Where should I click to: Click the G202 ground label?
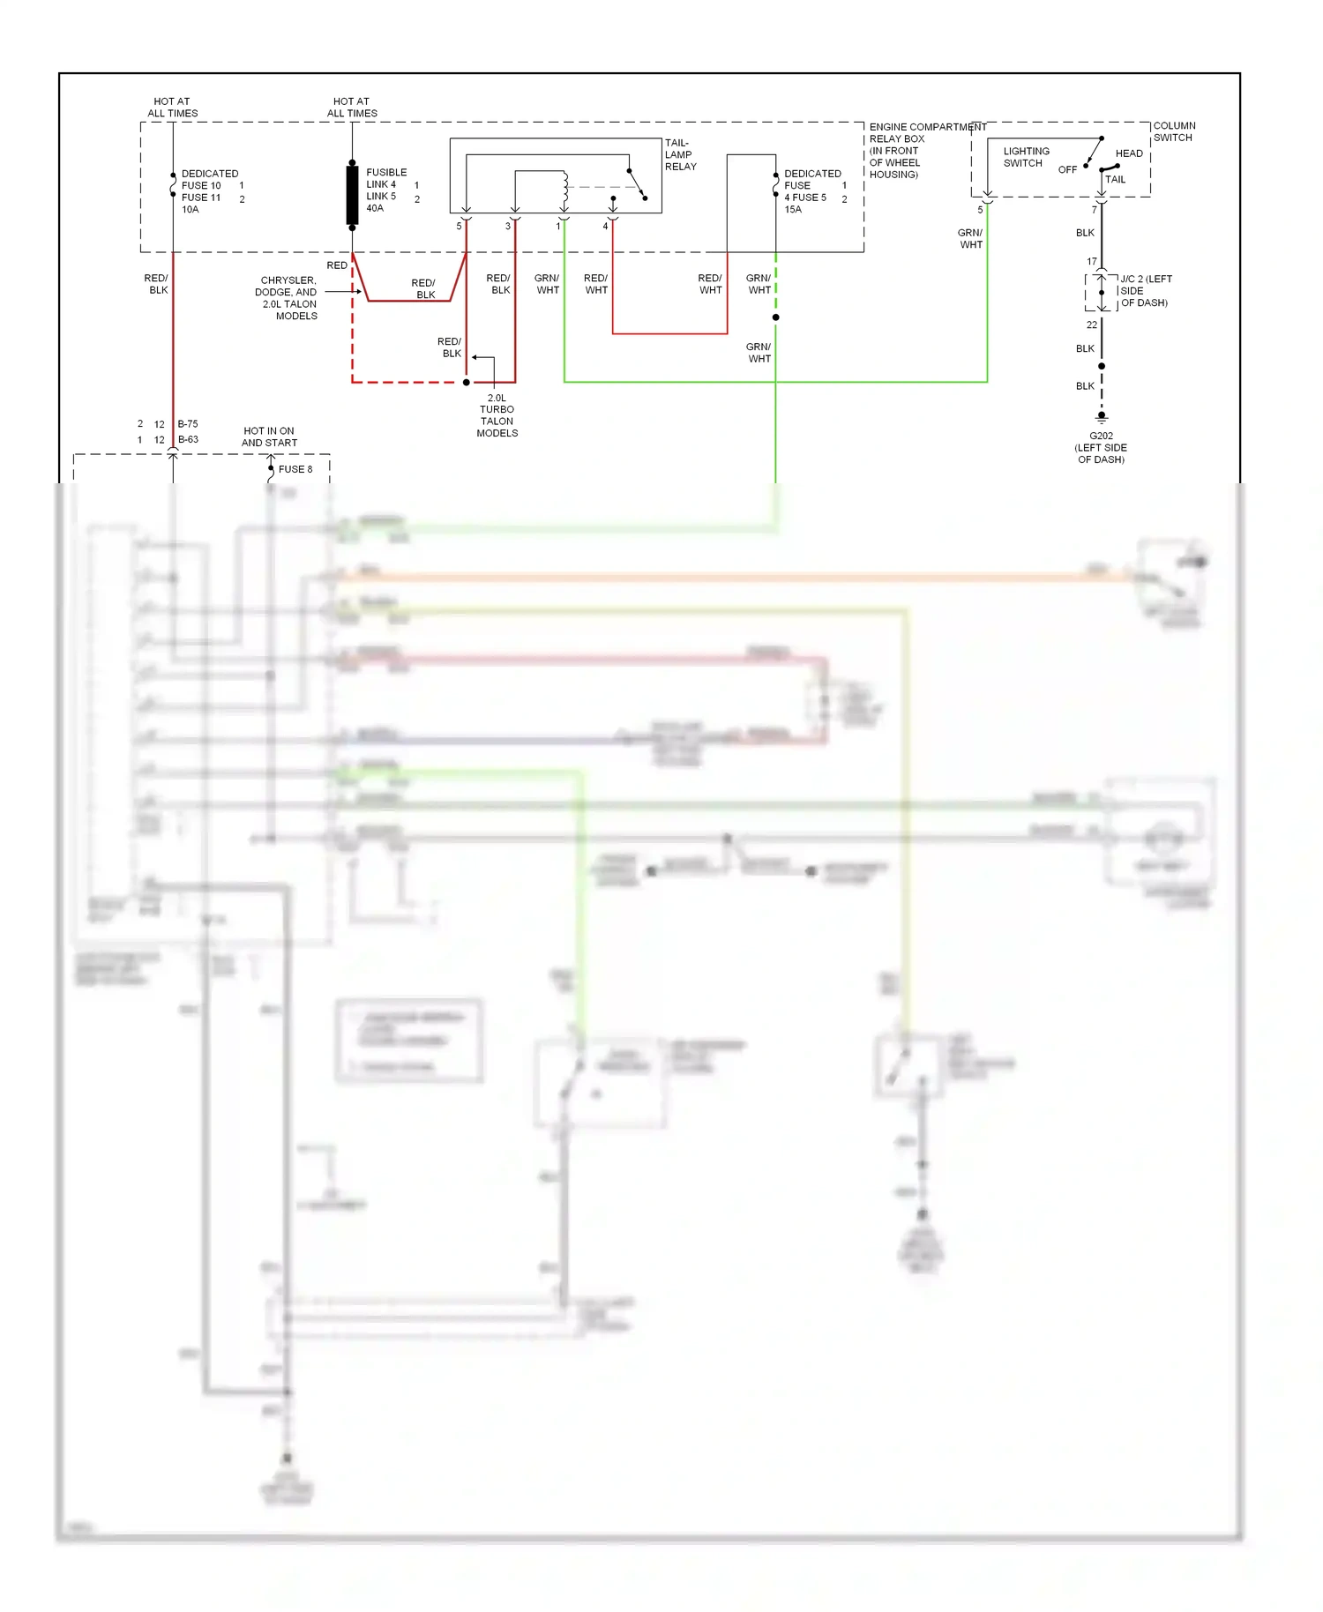coord(1101,436)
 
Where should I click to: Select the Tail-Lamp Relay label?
coord(680,154)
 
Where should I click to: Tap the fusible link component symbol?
coord(352,194)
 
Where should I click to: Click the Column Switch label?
coord(1174,131)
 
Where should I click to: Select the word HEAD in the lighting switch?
coord(1129,153)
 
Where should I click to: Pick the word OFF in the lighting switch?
coord(1067,169)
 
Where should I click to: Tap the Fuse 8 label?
coord(295,469)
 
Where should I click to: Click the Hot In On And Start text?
coord(269,437)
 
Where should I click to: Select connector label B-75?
coord(188,424)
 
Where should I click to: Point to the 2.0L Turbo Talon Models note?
coord(497,415)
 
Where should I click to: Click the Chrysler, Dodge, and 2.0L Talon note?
coord(288,298)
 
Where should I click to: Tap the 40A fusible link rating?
coord(375,208)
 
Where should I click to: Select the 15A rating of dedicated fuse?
coord(793,210)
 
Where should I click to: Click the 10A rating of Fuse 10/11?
coord(191,210)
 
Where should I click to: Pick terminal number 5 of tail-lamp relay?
coord(459,227)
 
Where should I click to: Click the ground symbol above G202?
coord(1101,417)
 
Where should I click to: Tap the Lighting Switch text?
coord(1026,157)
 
